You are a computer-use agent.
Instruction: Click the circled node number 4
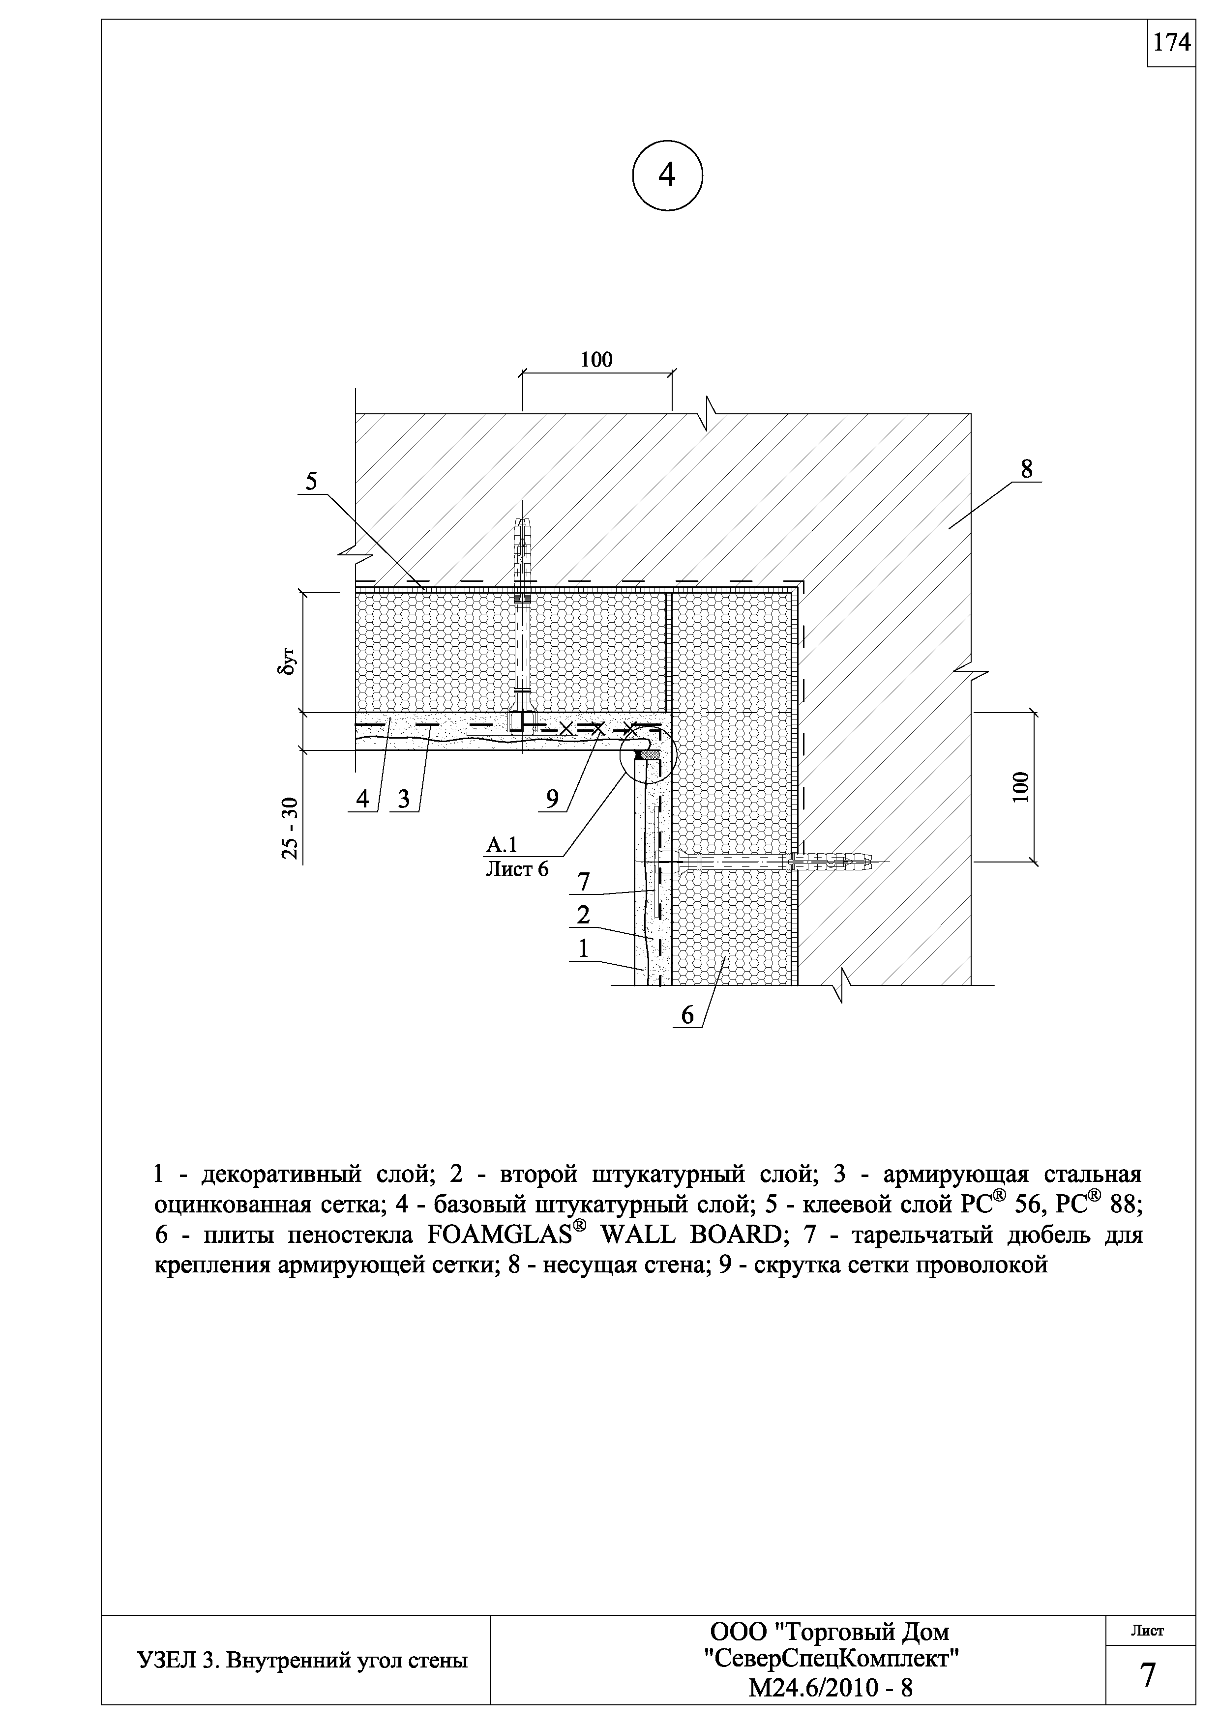pos(667,176)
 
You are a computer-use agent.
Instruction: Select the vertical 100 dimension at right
pos(1019,787)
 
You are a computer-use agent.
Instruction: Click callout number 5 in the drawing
pos(311,481)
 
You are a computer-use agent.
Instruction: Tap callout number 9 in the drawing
pos(553,799)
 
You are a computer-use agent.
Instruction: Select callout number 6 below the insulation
pos(688,1015)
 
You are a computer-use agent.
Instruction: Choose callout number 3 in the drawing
pos(405,799)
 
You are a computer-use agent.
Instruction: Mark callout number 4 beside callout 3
pos(363,799)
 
